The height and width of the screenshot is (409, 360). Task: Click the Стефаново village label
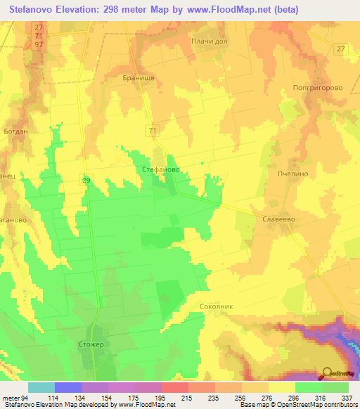161,169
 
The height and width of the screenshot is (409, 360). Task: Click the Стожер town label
88,344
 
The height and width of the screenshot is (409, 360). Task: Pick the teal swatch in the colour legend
41,387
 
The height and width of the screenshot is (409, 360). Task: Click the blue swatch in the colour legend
68,387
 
